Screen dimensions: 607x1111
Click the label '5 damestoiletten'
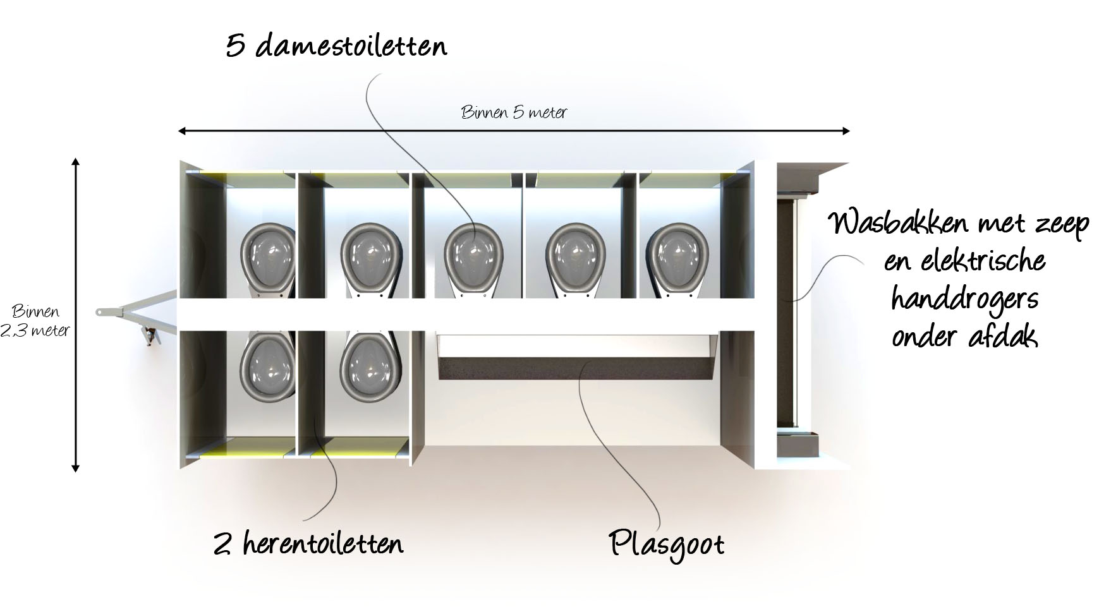(336, 45)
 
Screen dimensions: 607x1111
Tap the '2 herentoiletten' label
(308, 543)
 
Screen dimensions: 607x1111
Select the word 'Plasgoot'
(667, 544)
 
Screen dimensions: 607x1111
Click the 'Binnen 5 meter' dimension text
(514, 113)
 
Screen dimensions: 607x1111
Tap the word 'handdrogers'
(964, 298)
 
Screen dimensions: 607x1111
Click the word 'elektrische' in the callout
(964, 261)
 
